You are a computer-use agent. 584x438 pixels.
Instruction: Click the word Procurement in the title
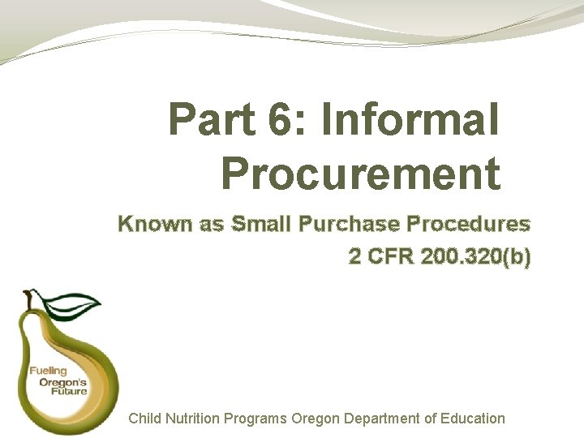pyautogui.click(x=360, y=172)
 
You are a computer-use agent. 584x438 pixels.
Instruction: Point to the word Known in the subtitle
pyautogui.click(x=154, y=224)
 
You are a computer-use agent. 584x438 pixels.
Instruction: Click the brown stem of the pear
pyautogui.click(x=31, y=299)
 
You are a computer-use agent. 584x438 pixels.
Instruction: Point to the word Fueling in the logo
pyautogui.click(x=49, y=371)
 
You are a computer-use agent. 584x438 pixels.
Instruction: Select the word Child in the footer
pyautogui.click(x=145, y=419)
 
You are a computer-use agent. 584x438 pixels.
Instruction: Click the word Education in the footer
pyautogui.click(x=470, y=419)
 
